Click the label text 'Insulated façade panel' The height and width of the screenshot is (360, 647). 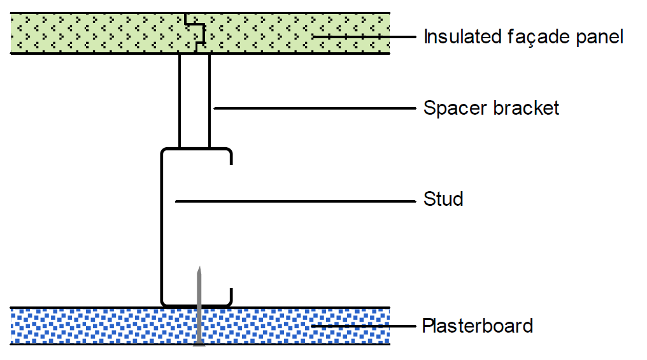[x=523, y=37]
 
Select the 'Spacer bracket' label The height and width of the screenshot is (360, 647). [x=491, y=108]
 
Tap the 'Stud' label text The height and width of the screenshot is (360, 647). [x=443, y=199]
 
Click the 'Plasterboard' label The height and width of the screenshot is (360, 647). [x=477, y=326]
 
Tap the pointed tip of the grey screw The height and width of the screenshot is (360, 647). [x=199, y=268]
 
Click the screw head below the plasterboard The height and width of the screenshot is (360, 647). [x=199, y=345]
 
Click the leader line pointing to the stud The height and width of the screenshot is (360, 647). [x=293, y=201]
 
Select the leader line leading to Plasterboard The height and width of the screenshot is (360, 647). [x=363, y=327]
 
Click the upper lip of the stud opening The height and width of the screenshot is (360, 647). [x=230, y=157]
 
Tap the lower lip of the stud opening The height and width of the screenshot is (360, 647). [x=230, y=296]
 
